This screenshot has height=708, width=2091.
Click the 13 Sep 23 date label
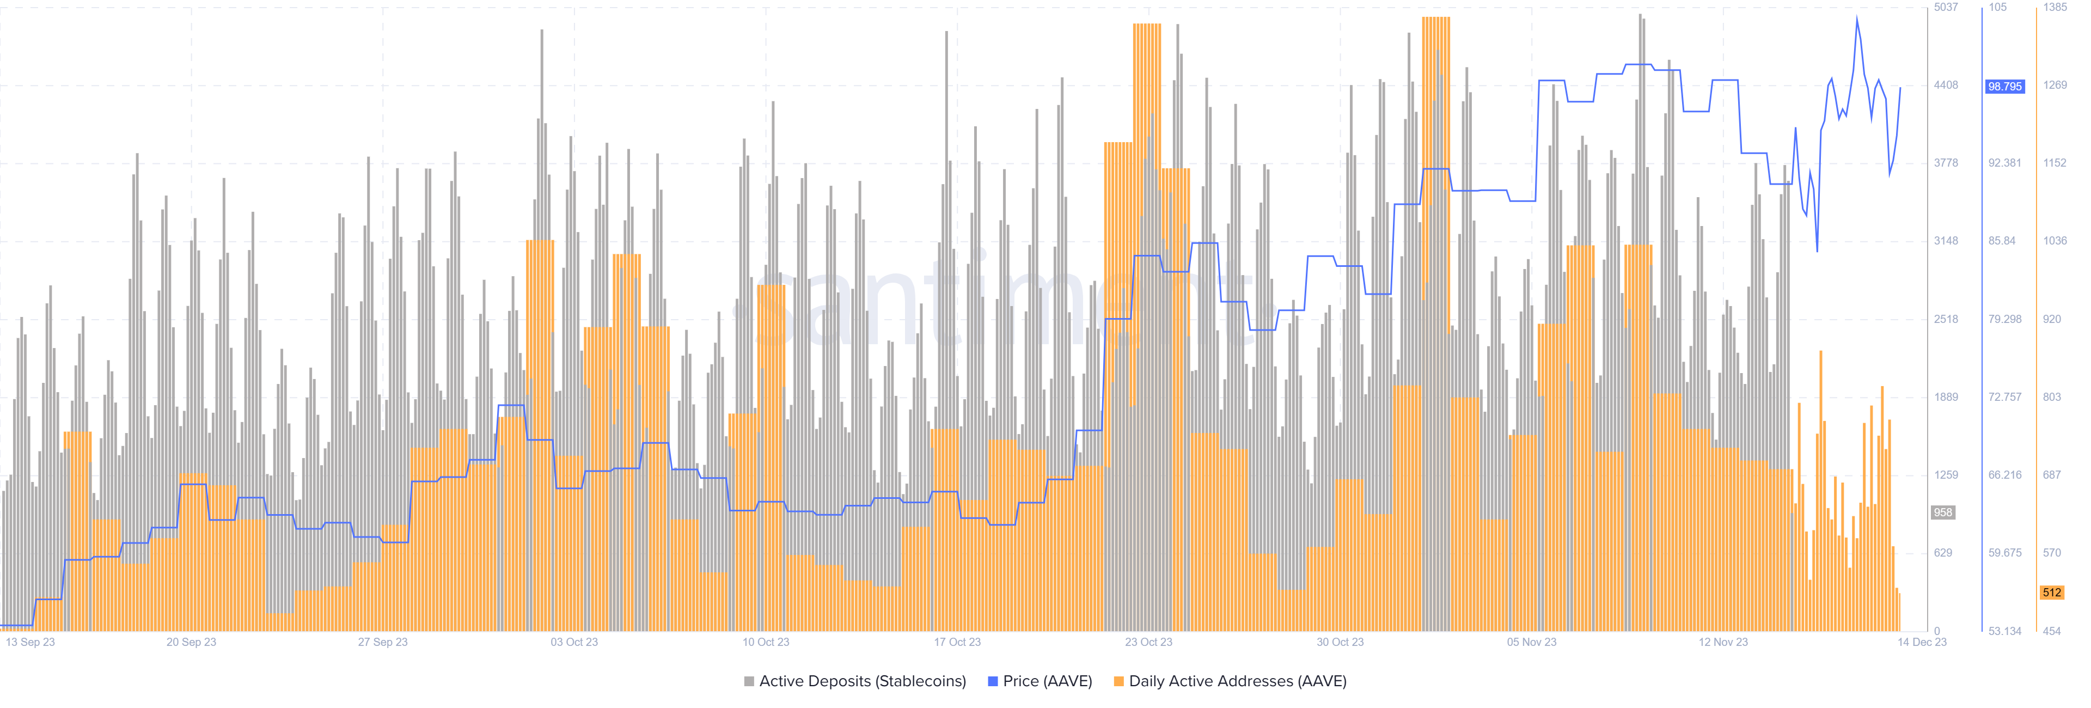(30, 642)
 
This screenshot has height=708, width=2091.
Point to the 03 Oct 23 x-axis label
(574, 642)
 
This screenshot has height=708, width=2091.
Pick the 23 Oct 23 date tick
(1148, 642)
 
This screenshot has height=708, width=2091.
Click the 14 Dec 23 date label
(1921, 642)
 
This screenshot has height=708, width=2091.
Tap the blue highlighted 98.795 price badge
(2004, 86)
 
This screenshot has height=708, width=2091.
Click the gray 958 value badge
(1942, 512)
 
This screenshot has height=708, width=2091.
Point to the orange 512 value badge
(2052, 593)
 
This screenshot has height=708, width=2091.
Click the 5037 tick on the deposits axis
(1946, 7)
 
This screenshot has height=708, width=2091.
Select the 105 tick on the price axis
(1998, 7)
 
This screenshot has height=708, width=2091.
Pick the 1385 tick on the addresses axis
(2055, 7)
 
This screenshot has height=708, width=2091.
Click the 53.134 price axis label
(2004, 631)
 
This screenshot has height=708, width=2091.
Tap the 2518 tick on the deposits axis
(1946, 319)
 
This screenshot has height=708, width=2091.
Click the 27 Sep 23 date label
(382, 642)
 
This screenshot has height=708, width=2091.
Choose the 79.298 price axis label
(2004, 319)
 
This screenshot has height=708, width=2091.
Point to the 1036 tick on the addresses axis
(2055, 241)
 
